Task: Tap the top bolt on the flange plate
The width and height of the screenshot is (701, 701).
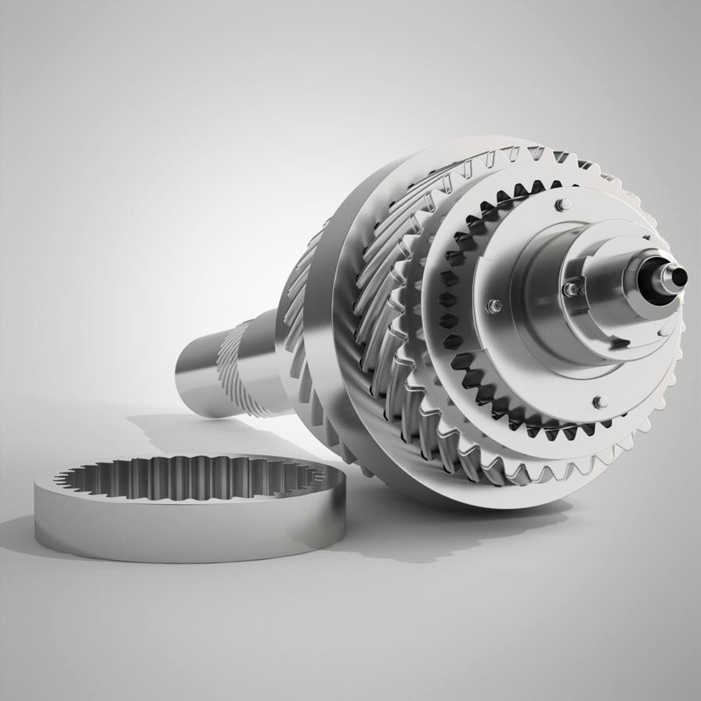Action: click(x=562, y=205)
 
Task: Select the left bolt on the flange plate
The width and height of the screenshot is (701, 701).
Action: click(x=495, y=305)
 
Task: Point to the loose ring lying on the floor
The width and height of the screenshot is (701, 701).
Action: click(x=188, y=506)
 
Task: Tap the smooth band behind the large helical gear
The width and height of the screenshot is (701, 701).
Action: click(x=318, y=350)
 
